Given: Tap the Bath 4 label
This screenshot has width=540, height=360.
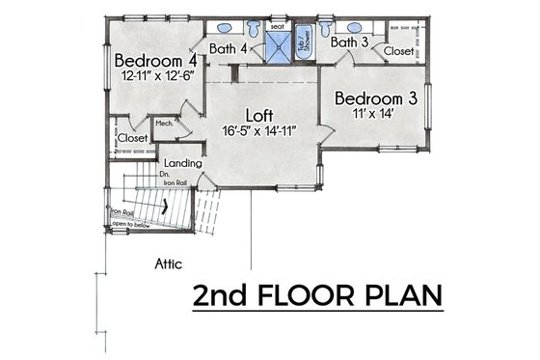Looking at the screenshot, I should click(x=230, y=47).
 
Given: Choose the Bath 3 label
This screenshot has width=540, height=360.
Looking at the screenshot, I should click(x=346, y=42).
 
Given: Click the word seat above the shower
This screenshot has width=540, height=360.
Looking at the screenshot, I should click(x=278, y=27).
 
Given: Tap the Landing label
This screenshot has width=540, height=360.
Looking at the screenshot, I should click(x=183, y=163).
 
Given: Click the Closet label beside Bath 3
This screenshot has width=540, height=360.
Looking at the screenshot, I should click(x=398, y=49).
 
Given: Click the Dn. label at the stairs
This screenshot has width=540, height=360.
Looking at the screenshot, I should click(x=166, y=174).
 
